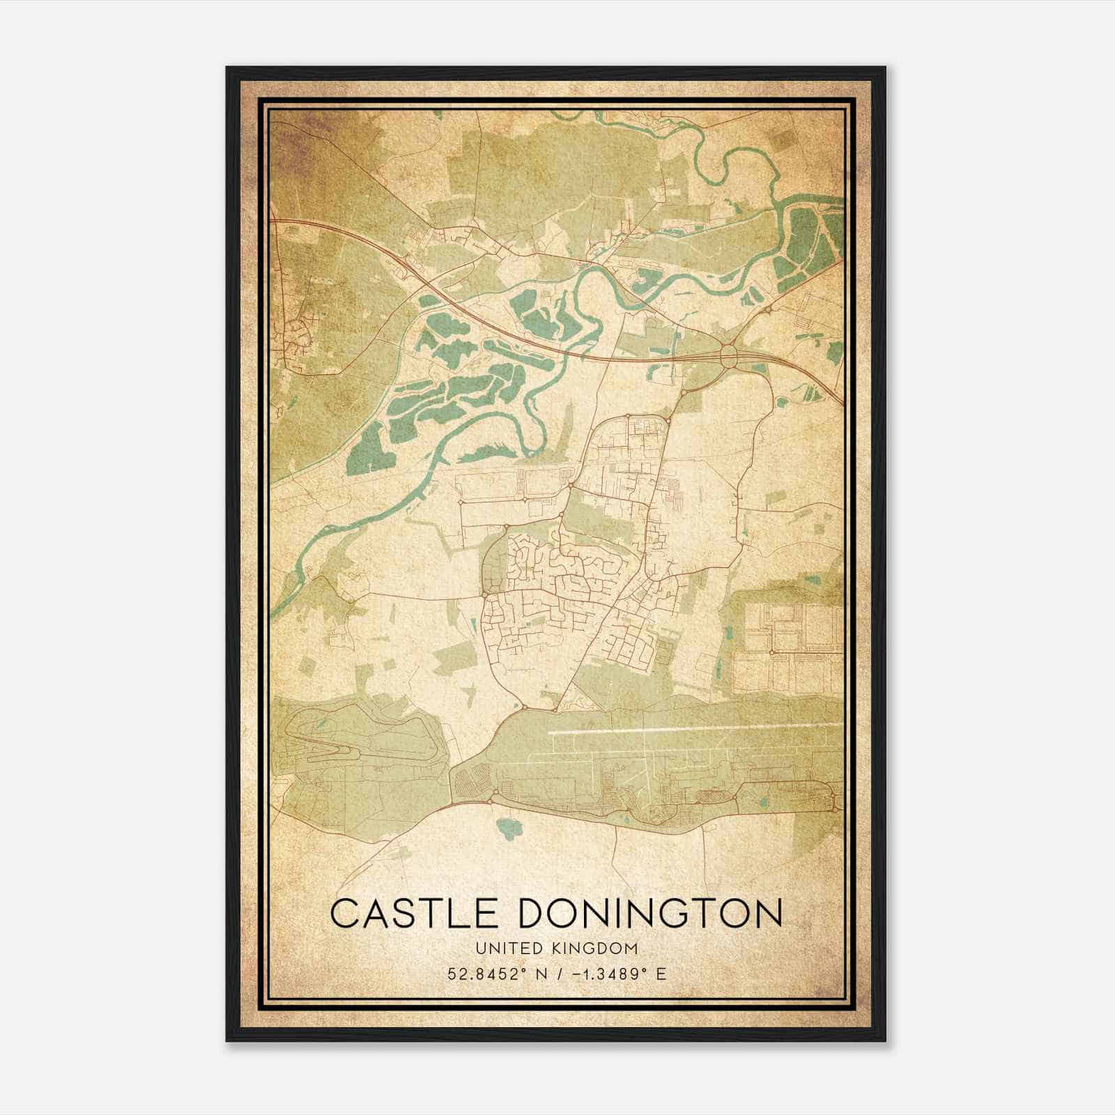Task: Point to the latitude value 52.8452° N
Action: pos(501,974)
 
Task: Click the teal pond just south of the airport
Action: pos(507,829)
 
